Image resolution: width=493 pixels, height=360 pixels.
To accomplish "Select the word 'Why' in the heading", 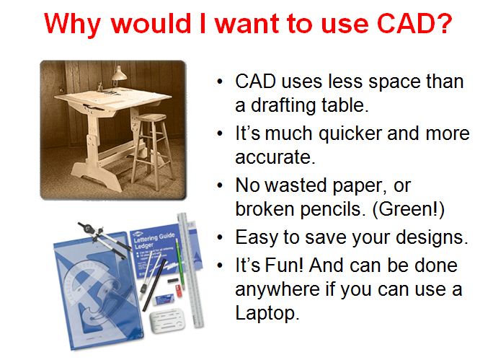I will [74, 25].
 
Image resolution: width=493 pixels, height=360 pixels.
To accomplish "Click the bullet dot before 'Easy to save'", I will [221, 237].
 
